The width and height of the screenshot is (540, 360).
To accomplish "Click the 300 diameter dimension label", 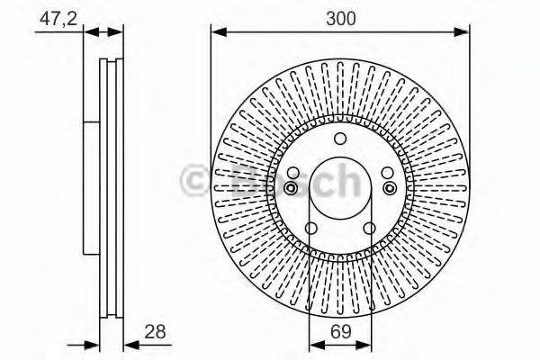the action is coord(340,19).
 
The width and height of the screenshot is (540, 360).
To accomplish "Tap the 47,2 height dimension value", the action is coord(58,19).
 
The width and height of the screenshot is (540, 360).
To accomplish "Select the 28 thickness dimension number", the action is coord(155,332).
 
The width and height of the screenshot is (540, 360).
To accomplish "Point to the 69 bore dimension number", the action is coord(340,332).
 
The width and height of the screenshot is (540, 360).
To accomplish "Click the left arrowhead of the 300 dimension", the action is coord(219,32).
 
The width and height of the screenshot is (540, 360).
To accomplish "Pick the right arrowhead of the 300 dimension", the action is coord(461,32).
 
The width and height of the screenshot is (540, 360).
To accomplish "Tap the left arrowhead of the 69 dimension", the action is coord(317,345).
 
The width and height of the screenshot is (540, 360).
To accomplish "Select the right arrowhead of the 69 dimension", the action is coord(364,345).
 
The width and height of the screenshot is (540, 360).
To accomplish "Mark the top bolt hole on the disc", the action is coord(340,139).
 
